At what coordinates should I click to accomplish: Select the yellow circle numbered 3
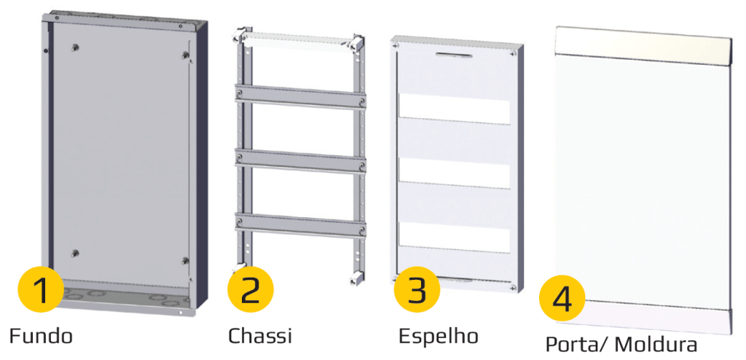click(417, 289)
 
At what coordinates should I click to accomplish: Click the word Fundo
click(42, 336)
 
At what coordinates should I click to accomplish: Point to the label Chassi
click(260, 336)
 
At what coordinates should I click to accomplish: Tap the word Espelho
click(438, 336)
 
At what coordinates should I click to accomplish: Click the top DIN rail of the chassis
click(300, 97)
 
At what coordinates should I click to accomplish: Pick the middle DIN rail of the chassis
click(300, 161)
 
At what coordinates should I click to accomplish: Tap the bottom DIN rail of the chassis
click(300, 224)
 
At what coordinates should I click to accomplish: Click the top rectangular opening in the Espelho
click(455, 109)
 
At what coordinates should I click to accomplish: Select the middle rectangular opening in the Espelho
click(455, 173)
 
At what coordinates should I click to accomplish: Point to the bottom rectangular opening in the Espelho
click(455, 237)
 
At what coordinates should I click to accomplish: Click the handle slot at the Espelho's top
click(455, 55)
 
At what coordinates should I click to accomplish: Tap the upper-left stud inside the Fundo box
click(76, 47)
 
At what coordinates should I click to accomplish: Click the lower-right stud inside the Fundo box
click(185, 260)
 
